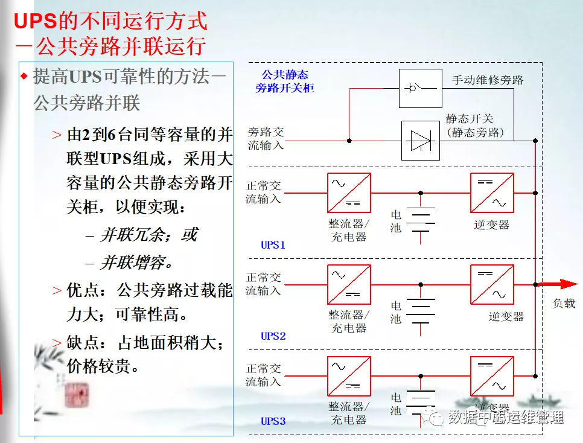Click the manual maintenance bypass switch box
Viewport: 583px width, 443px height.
421,88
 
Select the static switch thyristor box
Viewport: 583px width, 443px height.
421,141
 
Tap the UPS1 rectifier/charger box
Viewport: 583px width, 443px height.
349,193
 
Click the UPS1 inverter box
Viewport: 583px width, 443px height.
492,193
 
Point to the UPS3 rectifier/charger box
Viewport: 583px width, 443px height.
349,376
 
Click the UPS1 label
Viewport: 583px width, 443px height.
273,245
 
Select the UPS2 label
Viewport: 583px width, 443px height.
273,336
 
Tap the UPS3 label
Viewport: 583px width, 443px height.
273,421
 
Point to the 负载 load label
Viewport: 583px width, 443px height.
564,304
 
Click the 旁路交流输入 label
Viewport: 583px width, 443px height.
265,139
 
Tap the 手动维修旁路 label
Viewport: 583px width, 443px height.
488,80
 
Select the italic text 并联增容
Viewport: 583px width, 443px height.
136,263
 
